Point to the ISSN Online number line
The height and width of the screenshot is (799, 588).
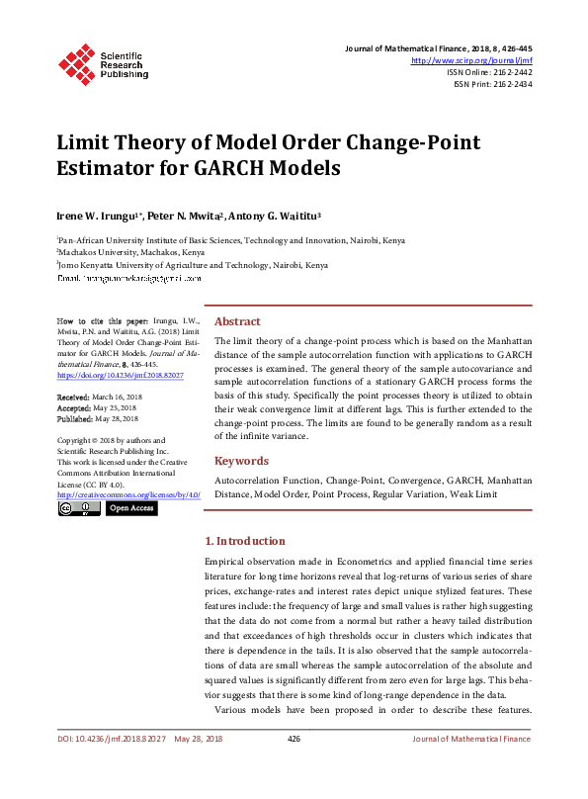[x=489, y=72]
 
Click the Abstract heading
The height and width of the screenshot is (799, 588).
[x=237, y=321]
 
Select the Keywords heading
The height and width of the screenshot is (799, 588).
[x=241, y=461]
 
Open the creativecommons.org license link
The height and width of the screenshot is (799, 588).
[x=128, y=493]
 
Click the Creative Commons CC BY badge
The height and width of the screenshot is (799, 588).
[x=79, y=508]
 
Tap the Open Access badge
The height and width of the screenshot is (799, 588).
[x=130, y=508]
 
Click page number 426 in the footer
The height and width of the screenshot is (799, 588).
[x=294, y=766]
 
